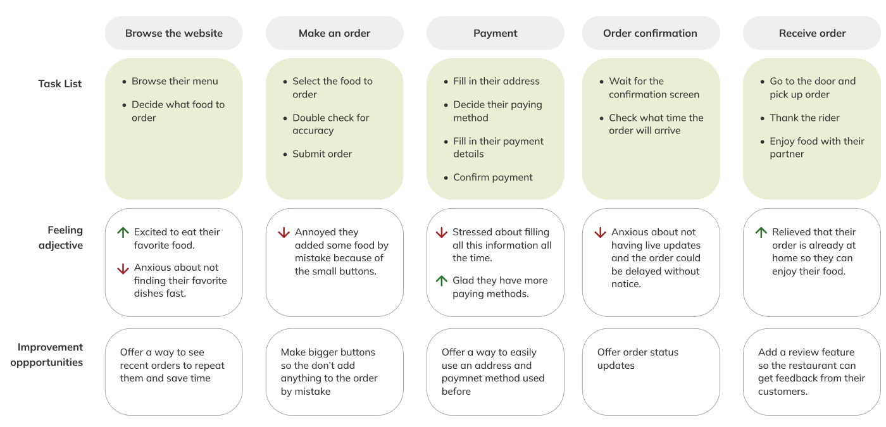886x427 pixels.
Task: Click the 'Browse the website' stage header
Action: [x=173, y=34]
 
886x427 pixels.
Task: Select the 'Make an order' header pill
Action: [x=334, y=34]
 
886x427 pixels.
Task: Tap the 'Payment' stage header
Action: [x=495, y=34]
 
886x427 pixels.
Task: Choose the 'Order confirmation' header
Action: [x=650, y=34]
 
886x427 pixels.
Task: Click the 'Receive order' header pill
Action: [x=812, y=34]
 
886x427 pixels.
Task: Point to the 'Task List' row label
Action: [x=60, y=84]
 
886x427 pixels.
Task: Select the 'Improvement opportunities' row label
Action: [x=50, y=355]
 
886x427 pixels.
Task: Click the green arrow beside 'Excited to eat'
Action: [x=123, y=232]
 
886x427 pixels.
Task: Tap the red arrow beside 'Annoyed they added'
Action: [x=284, y=233]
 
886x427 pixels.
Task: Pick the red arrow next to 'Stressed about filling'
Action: [x=442, y=233]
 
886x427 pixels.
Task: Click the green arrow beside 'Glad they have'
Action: [x=442, y=280]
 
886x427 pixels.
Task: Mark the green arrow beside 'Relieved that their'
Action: [x=761, y=232]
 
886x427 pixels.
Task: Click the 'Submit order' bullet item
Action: [x=321, y=154]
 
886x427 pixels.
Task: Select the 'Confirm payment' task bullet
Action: [x=492, y=177]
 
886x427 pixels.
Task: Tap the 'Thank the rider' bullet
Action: [x=804, y=118]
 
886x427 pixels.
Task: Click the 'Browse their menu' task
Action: [x=175, y=81]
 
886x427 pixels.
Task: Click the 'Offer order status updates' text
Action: [x=637, y=359]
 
